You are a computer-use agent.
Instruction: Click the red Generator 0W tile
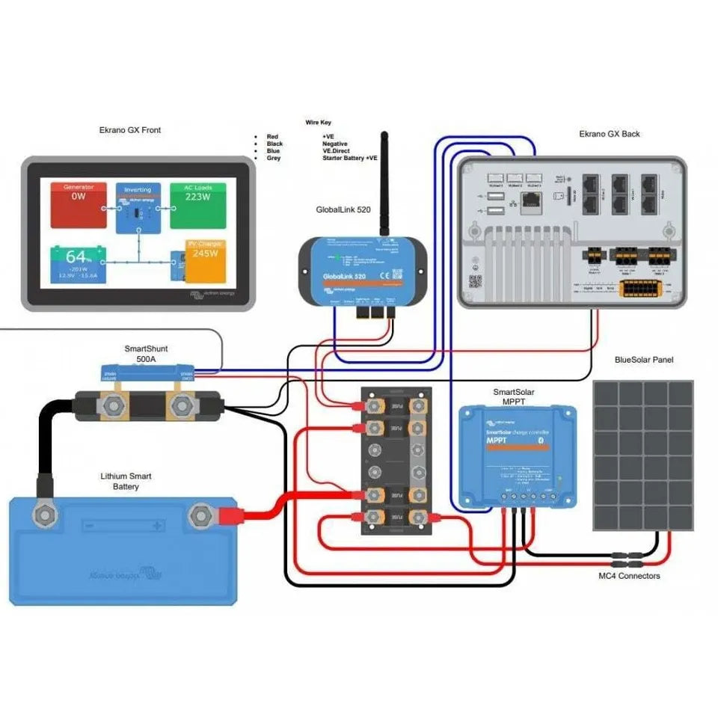[x=79, y=205]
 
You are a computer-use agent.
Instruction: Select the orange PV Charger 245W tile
[x=206, y=262]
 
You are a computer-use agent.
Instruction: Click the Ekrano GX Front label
[x=130, y=130]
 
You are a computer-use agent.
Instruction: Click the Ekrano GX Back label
[x=610, y=135]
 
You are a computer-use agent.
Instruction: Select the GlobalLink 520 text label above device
[x=343, y=210]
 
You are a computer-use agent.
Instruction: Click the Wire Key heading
[x=318, y=122]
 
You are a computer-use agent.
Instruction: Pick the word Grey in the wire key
[x=273, y=159]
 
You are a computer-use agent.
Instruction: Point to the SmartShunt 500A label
[x=147, y=354]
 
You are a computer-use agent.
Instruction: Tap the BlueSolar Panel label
[x=643, y=360]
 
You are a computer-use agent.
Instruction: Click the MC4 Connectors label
[x=630, y=576]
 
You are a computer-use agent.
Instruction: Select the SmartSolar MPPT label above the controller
[x=514, y=396]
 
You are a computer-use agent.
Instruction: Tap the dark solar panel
[x=642, y=455]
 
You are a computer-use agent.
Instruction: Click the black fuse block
[x=396, y=460]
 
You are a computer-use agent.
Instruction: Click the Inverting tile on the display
[x=138, y=206]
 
